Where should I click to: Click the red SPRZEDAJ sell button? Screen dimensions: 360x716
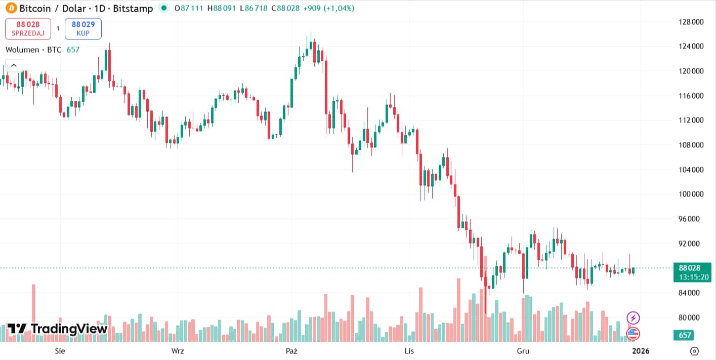(x=28, y=29)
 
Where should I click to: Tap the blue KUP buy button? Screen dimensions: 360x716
(x=83, y=29)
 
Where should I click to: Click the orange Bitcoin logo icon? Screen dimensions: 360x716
(x=11, y=8)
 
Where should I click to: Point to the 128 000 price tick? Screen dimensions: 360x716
(x=691, y=22)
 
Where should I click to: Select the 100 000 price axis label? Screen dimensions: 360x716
(x=691, y=194)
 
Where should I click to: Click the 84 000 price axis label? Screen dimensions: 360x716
(x=691, y=293)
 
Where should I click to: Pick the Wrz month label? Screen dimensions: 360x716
(x=178, y=351)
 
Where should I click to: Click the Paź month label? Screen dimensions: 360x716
(x=291, y=351)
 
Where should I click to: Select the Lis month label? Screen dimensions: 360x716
(x=409, y=351)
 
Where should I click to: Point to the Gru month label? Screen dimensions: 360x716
(x=523, y=351)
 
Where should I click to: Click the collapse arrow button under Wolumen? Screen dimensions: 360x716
(x=14, y=65)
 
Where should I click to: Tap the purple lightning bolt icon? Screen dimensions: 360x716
(x=633, y=318)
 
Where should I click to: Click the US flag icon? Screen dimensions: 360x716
(x=633, y=334)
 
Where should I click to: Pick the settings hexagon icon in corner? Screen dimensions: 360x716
(x=694, y=351)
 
